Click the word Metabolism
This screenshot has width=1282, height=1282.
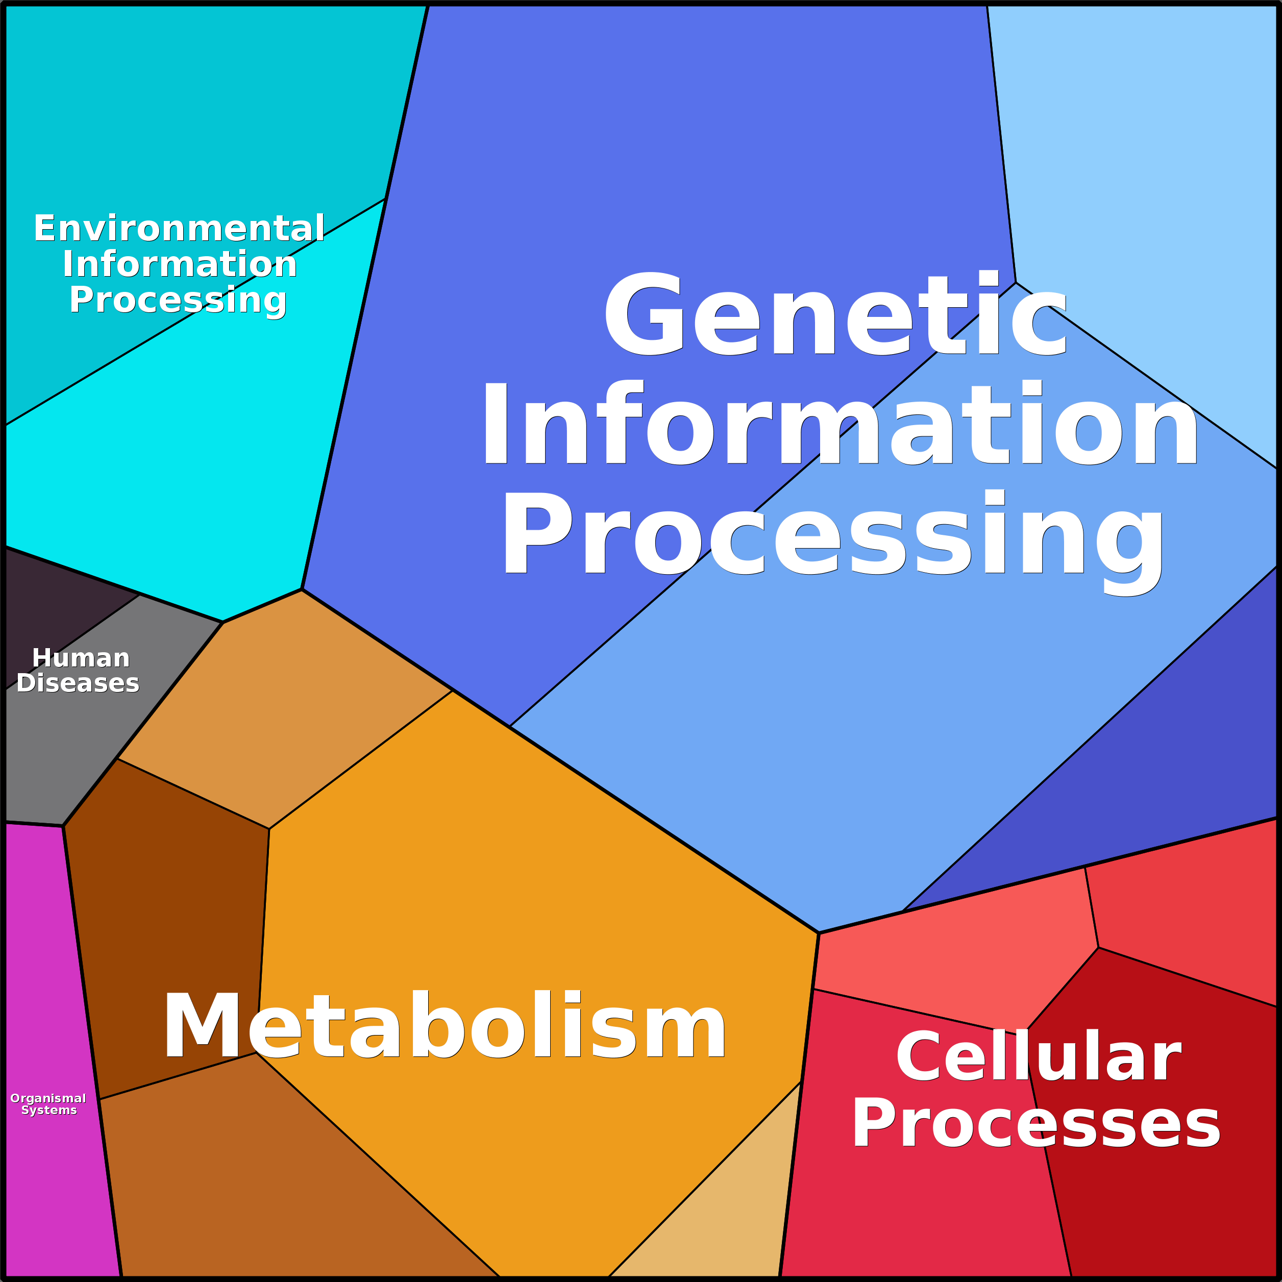pos(445,1025)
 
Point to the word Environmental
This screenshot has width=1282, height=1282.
pos(179,229)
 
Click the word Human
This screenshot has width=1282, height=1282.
pos(81,658)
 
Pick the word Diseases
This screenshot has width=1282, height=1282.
pos(78,683)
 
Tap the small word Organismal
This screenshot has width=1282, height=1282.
pos(48,1099)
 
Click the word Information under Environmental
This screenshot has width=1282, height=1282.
pos(180,265)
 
